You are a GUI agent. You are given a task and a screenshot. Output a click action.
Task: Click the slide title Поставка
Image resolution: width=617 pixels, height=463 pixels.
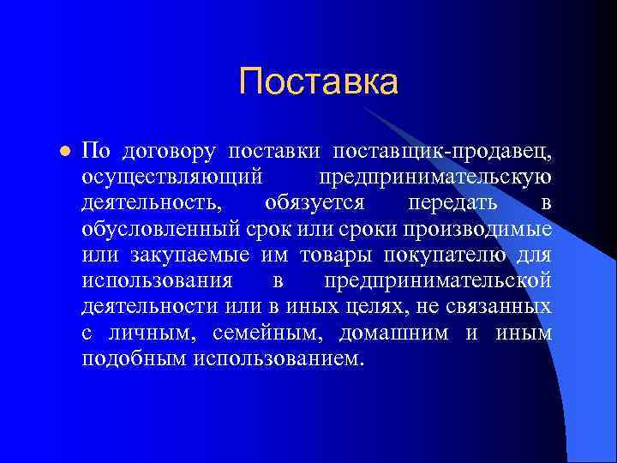[319, 83]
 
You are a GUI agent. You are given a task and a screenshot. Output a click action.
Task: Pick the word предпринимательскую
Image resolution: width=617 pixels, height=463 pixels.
[435, 178]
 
